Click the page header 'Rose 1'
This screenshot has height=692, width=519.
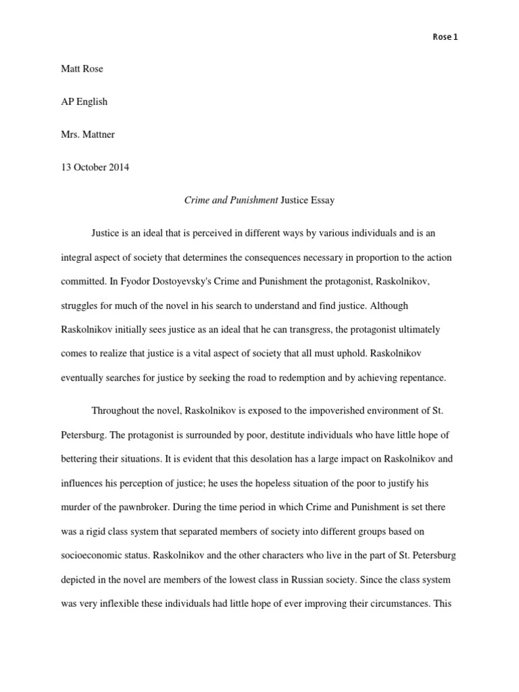tap(445, 37)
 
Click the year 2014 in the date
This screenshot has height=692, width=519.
tap(117, 168)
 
